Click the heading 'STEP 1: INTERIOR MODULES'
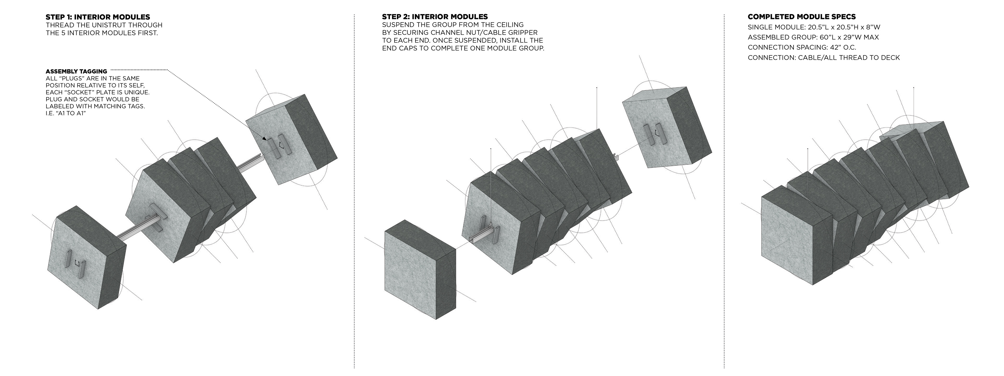[98, 17]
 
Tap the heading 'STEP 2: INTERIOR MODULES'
[435, 17]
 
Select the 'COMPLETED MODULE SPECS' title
[801, 17]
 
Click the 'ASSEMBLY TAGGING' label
[76, 72]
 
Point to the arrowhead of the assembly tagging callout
[265, 139]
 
